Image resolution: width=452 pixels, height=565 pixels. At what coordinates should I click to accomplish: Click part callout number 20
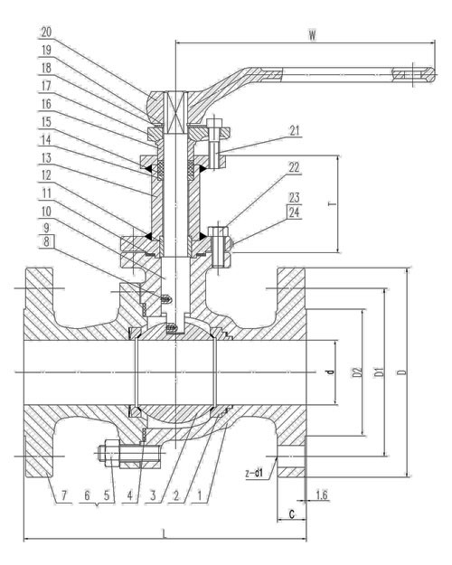(46, 33)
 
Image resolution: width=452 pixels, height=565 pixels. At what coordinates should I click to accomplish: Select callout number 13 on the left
(46, 158)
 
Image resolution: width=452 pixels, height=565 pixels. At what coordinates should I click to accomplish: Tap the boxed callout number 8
(46, 241)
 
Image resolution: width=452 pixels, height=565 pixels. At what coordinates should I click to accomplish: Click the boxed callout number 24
(295, 212)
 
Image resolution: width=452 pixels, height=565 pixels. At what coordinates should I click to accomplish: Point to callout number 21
(295, 131)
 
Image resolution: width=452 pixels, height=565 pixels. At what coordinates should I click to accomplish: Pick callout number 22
(295, 167)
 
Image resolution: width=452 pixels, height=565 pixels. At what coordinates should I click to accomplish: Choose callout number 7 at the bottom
(64, 495)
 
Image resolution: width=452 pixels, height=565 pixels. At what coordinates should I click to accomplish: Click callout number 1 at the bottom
(199, 495)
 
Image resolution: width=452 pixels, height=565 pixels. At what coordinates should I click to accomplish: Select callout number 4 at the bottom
(130, 495)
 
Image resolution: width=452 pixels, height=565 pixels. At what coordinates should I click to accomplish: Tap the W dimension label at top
(312, 35)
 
